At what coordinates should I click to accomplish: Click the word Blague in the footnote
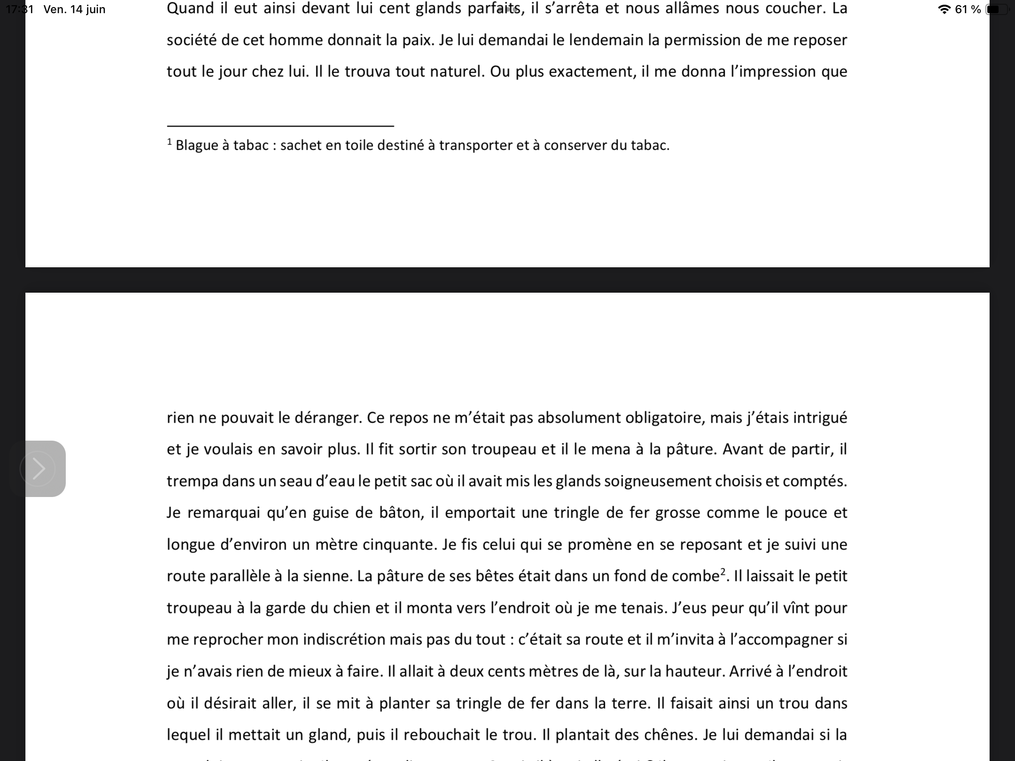(x=196, y=146)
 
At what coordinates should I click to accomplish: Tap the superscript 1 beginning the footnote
(x=170, y=142)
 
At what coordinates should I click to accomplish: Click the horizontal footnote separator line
(x=280, y=126)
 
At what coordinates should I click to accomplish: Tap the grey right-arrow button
(x=38, y=468)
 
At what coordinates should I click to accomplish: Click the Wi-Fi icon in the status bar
(x=944, y=9)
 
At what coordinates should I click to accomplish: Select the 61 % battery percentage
(x=968, y=9)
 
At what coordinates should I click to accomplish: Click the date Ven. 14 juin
(x=74, y=9)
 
